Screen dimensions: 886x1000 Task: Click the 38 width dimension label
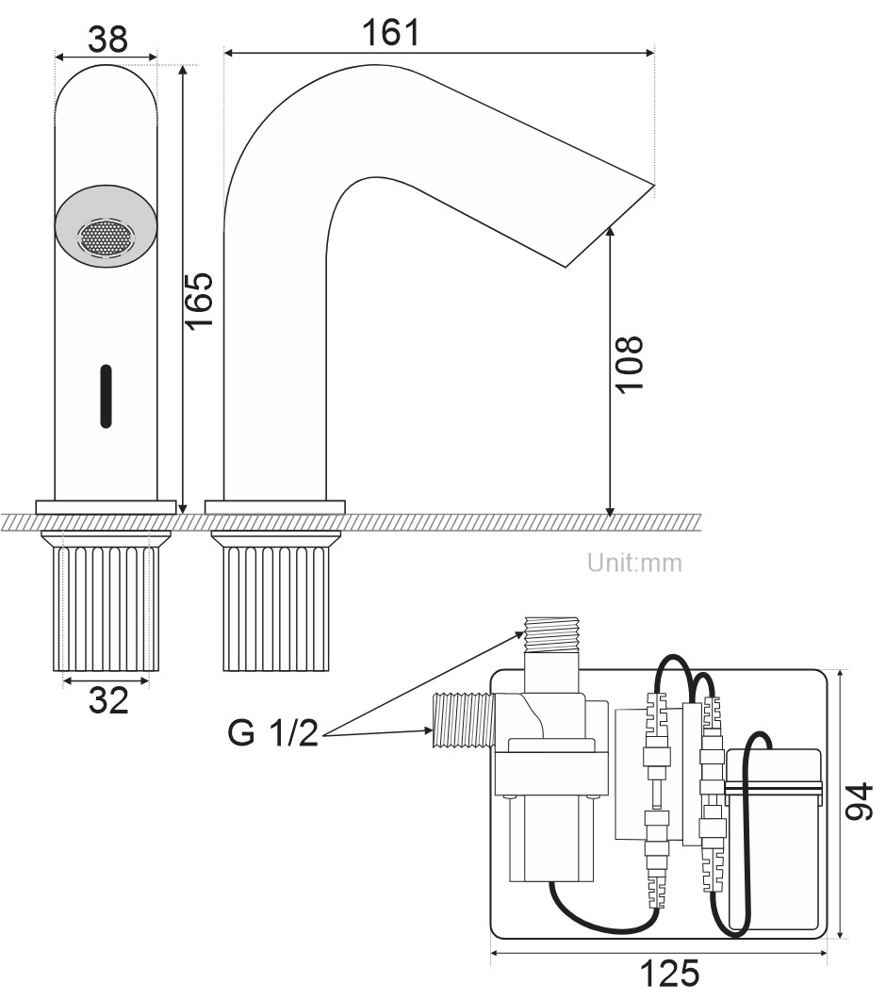[107, 40]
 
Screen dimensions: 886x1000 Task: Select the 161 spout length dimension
[391, 32]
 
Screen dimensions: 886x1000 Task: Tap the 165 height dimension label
[199, 301]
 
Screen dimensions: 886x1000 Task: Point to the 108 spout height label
[629, 363]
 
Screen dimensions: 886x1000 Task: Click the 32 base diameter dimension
[108, 700]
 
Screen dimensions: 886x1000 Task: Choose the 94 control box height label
[859, 801]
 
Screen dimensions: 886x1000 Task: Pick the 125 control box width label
[669, 974]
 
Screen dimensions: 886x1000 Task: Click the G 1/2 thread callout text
[272, 732]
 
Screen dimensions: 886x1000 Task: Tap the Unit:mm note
[634, 563]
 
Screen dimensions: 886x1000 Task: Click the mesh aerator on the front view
[106, 238]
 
